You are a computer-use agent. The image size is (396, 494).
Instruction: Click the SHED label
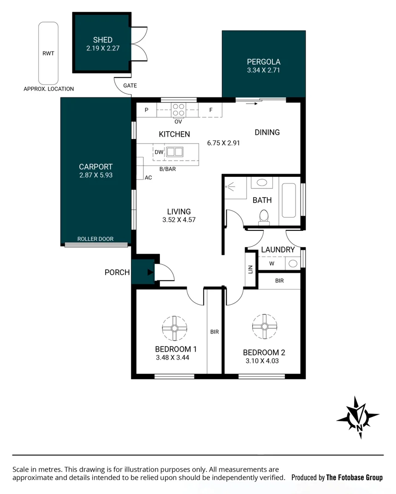[x=102, y=40]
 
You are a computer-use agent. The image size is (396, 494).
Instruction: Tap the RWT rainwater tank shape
[x=48, y=53]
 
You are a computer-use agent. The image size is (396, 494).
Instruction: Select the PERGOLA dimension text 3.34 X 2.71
[x=263, y=70]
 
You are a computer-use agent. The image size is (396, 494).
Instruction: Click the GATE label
[x=130, y=85]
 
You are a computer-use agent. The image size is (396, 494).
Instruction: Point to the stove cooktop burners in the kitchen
[x=178, y=110]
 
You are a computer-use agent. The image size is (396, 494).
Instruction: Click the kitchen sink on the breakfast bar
[x=175, y=151]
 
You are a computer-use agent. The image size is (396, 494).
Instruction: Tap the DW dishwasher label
[x=159, y=151]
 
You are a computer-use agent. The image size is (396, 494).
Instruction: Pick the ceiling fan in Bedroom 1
[x=175, y=328]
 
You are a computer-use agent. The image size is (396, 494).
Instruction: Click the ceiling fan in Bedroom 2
[x=265, y=326]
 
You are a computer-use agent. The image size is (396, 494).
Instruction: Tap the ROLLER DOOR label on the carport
[x=95, y=239]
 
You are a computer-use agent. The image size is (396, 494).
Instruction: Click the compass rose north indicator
[x=358, y=417]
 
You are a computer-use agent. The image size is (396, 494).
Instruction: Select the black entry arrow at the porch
[x=149, y=272]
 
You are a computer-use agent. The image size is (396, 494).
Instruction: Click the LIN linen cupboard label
[x=251, y=269]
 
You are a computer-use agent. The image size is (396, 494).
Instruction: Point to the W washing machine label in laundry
[x=272, y=264]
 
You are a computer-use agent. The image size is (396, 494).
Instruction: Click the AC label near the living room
[x=148, y=177]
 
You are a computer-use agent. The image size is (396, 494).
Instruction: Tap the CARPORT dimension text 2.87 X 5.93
[x=95, y=175]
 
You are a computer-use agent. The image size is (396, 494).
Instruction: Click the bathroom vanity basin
[x=262, y=182]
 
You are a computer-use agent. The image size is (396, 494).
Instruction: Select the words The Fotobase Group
[x=354, y=477]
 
